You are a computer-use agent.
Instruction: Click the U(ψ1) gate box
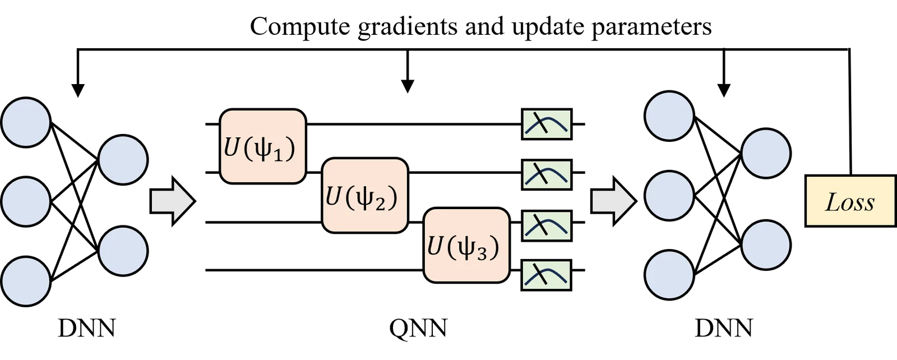click(x=263, y=146)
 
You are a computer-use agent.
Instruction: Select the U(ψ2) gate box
click(x=365, y=195)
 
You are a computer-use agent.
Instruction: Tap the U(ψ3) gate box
click(x=466, y=245)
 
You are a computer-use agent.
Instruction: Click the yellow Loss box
click(x=850, y=201)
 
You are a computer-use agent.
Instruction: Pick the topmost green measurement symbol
click(x=547, y=124)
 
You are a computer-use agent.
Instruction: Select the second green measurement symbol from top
click(x=547, y=174)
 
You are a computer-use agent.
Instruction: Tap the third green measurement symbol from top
click(x=547, y=225)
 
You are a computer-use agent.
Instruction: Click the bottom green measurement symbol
click(x=547, y=275)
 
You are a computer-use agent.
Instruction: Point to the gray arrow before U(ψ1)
click(x=172, y=201)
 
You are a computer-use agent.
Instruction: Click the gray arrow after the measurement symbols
click(x=613, y=201)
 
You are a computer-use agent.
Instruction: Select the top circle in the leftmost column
click(x=26, y=123)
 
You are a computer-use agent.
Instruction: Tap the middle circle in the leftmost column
click(x=26, y=201)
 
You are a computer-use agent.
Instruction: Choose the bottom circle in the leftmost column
click(x=26, y=281)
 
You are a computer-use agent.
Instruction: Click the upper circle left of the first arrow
click(x=123, y=160)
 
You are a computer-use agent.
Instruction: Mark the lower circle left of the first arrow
click(x=123, y=251)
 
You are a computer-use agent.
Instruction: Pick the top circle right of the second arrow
click(x=669, y=116)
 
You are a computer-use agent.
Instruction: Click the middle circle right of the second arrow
click(x=669, y=196)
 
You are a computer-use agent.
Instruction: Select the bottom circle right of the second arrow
click(x=669, y=275)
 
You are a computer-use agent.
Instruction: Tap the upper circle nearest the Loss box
click(x=766, y=154)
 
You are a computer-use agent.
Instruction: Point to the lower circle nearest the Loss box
click(x=766, y=245)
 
